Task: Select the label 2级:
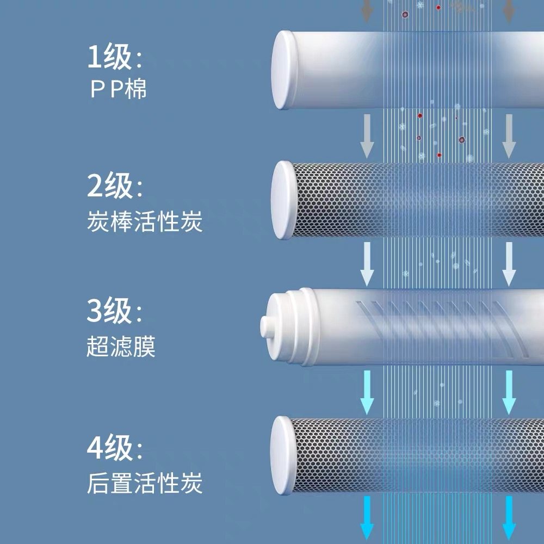click(115, 187)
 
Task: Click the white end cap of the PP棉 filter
click(285, 70)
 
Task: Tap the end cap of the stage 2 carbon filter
click(283, 199)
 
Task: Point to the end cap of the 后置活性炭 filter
click(283, 456)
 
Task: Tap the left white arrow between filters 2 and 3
click(368, 264)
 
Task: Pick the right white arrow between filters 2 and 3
click(509, 264)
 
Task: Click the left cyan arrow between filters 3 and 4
click(368, 391)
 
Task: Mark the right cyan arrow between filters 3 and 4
click(509, 391)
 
